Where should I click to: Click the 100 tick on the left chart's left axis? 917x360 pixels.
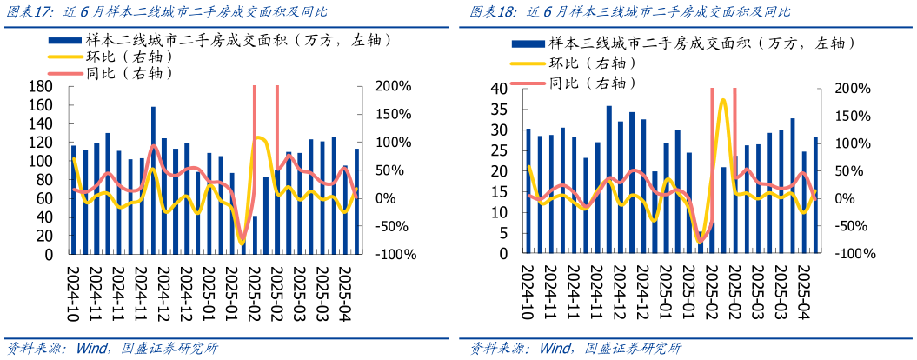pyautogui.click(x=40, y=162)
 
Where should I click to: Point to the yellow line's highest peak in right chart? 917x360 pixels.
pyautogui.click(x=722, y=100)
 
